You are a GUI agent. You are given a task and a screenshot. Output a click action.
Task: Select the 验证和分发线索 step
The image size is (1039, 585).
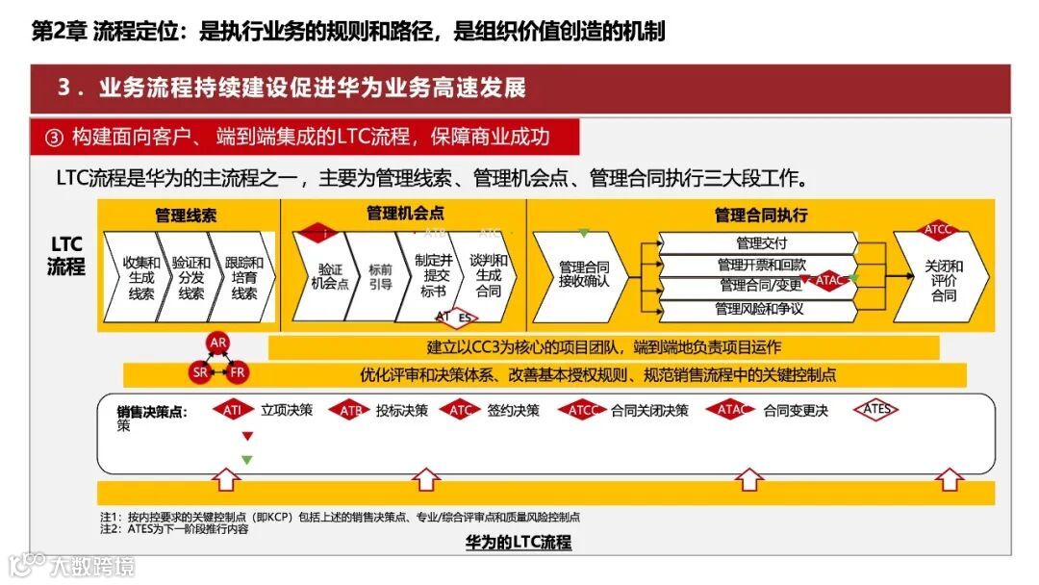(x=191, y=277)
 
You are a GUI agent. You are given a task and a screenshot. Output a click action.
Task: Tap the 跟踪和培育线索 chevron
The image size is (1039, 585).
(x=243, y=277)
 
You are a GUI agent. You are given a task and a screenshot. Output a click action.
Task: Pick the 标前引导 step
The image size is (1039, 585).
(x=380, y=277)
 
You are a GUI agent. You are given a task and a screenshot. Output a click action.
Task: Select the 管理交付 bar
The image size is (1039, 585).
(x=760, y=243)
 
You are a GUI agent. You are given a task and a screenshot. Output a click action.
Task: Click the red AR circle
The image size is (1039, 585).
(x=218, y=343)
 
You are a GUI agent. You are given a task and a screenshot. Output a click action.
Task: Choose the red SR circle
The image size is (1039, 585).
(x=199, y=371)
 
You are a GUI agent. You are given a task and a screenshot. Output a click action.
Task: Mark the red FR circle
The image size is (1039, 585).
(x=238, y=371)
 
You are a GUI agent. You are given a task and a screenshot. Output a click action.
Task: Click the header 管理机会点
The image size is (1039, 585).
(x=405, y=214)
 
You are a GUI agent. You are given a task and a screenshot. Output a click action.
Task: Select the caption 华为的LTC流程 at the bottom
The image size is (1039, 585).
(x=519, y=543)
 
